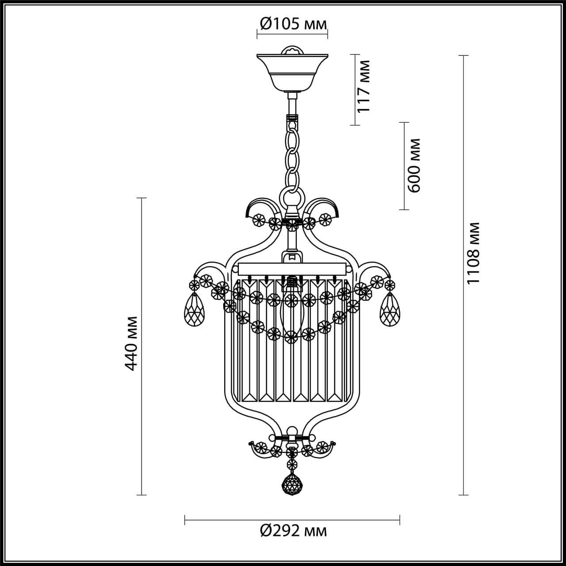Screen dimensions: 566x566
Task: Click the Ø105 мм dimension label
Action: point(293,24)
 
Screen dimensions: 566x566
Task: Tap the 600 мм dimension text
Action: point(414,165)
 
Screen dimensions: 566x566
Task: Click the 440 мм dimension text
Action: point(132,343)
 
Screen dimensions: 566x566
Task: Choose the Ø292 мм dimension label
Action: point(293,530)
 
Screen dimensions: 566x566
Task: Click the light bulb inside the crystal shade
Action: point(291,310)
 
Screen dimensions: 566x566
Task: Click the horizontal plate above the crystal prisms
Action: point(292,268)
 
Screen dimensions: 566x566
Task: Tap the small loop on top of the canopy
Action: point(292,50)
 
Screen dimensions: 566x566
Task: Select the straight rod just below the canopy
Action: point(292,104)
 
